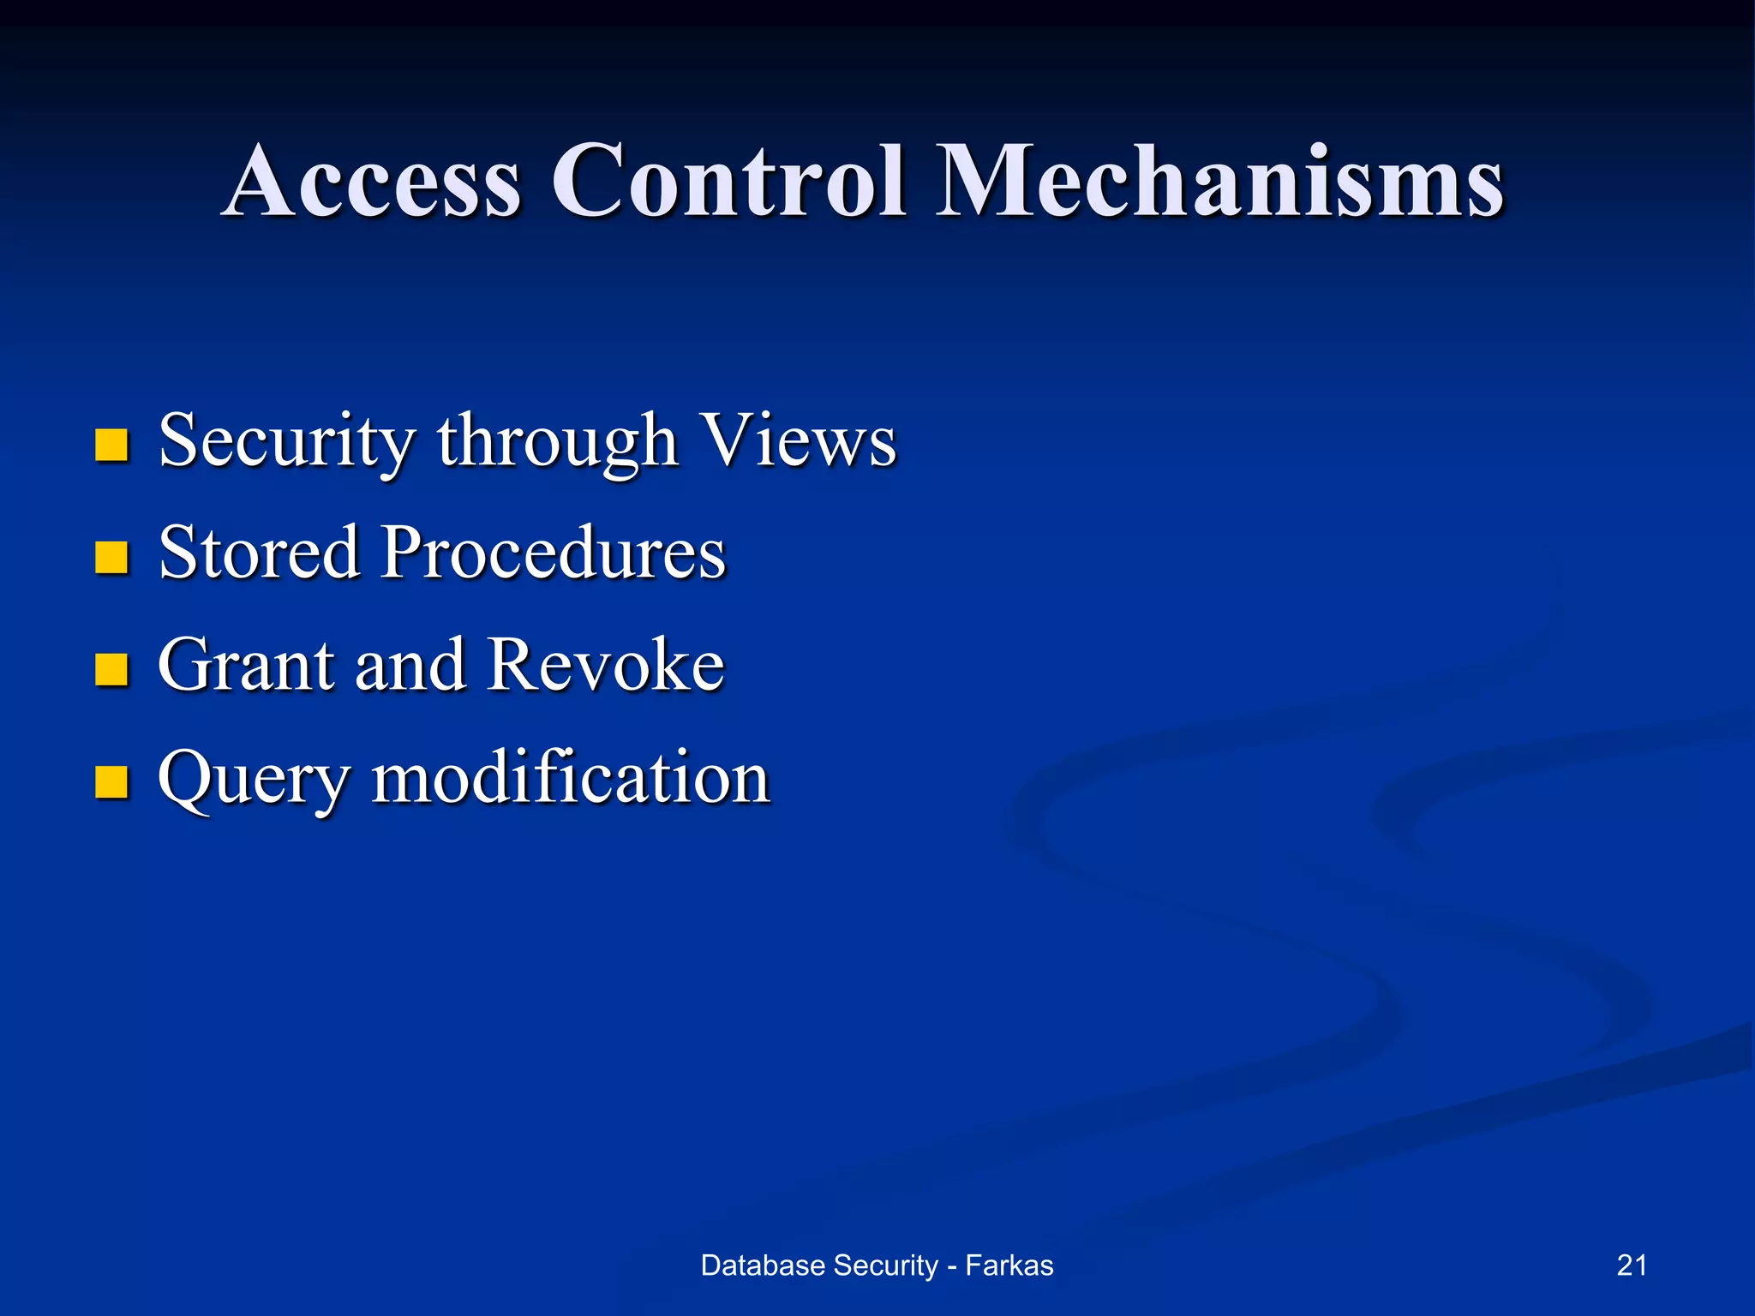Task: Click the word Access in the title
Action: coord(374,182)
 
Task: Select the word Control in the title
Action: coord(728,182)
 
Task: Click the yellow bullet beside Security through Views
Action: coord(111,445)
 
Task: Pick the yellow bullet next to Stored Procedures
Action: coord(111,557)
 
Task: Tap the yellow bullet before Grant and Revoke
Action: coord(111,669)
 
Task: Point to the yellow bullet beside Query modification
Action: coord(111,781)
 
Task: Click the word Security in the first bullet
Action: coord(287,442)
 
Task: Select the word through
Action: coord(558,442)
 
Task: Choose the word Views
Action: coord(797,440)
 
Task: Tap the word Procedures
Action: coord(554,553)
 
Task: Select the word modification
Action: coord(571,777)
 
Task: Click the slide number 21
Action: coord(1632,1265)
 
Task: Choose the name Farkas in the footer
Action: coord(1009,1265)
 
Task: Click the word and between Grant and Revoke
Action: coord(410,665)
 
